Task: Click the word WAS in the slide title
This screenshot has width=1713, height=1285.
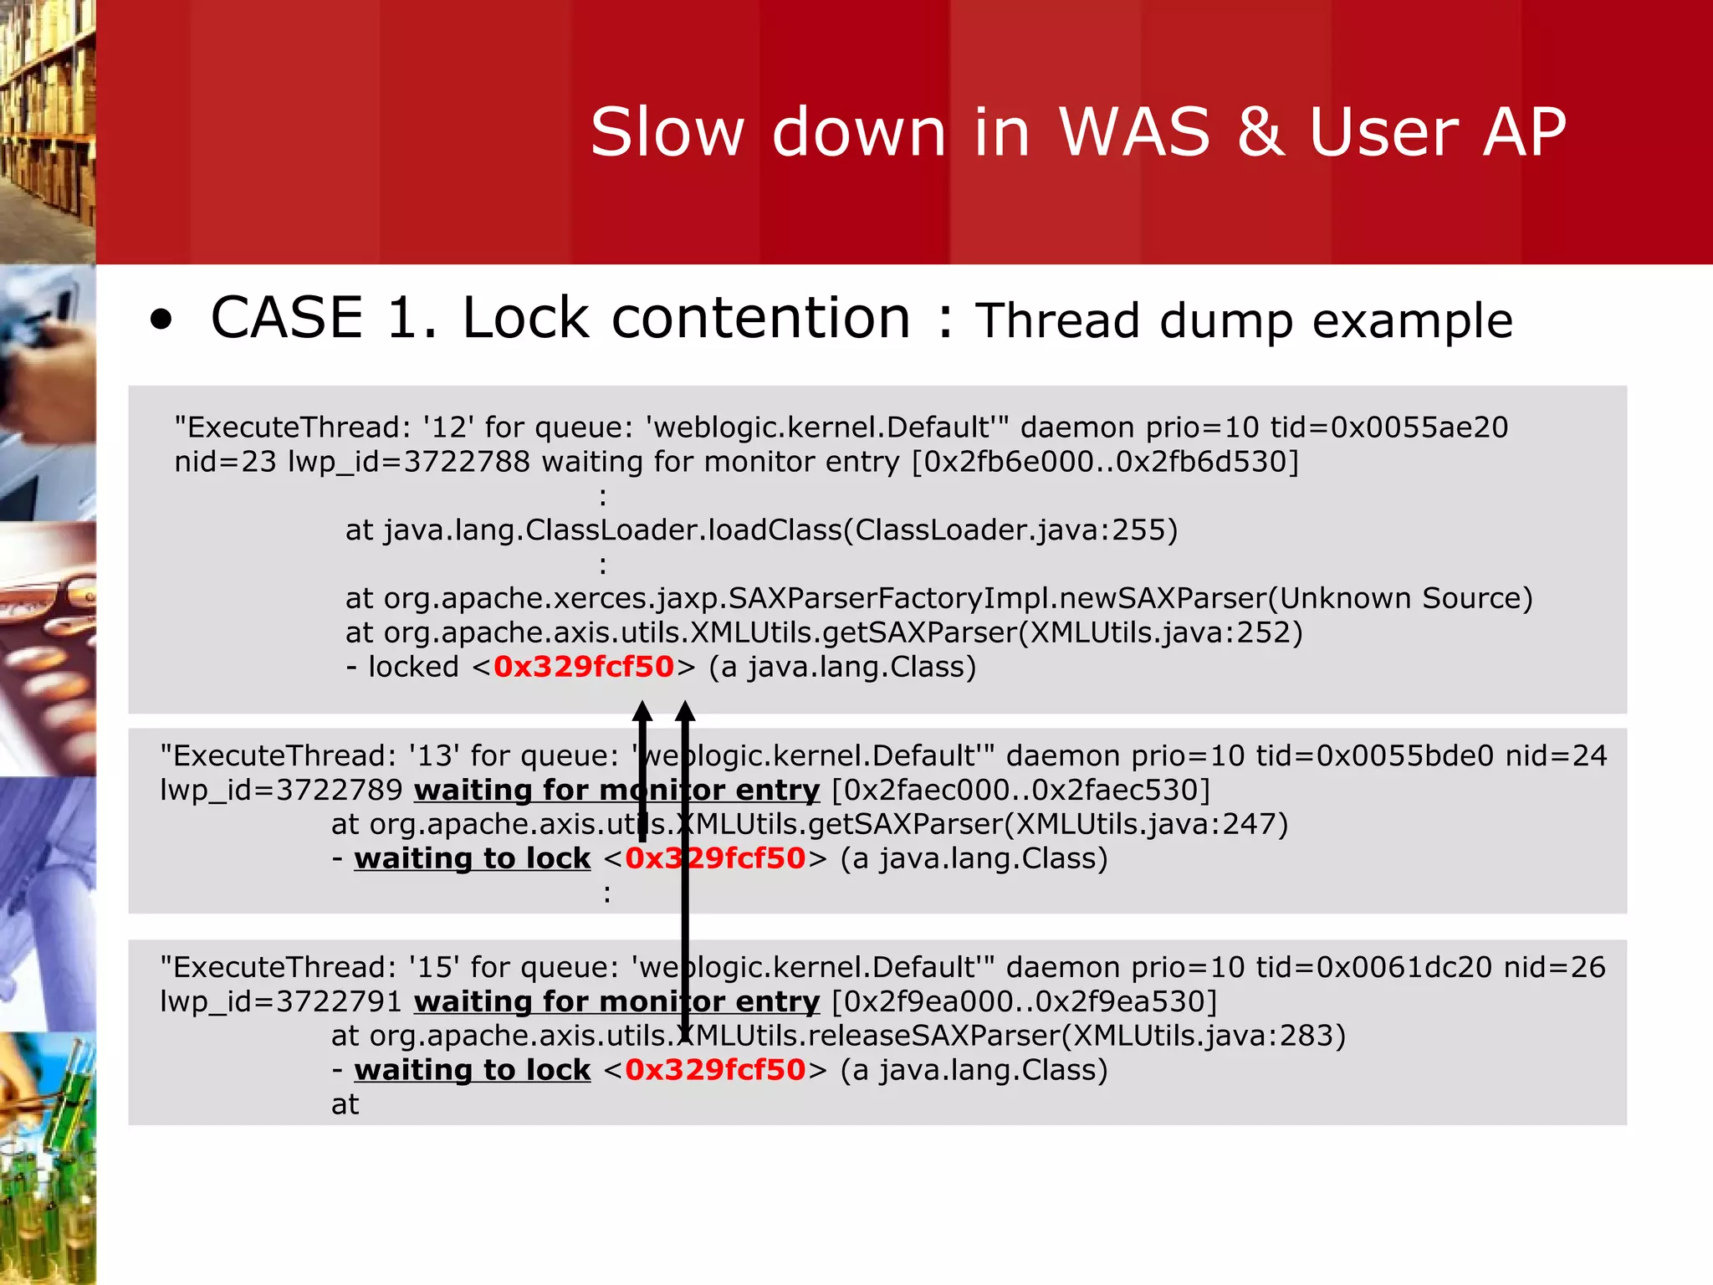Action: tap(1134, 132)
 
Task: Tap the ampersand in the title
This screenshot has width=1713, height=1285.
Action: tap(1260, 132)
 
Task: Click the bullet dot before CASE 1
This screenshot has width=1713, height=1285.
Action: tap(161, 320)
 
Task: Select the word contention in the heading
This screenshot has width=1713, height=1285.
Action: tap(761, 319)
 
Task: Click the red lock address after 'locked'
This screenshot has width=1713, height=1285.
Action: tap(584, 667)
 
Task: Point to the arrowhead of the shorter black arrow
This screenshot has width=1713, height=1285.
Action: tap(642, 712)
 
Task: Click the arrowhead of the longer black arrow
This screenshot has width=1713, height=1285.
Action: tap(685, 712)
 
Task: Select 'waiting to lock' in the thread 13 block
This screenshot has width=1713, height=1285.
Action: tap(473, 859)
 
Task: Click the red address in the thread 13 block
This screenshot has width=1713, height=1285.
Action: tap(715, 859)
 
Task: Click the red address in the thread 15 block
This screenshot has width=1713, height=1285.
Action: tap(715, 1071)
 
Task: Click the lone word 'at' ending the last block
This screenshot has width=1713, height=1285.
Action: tap(345, 1105)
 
